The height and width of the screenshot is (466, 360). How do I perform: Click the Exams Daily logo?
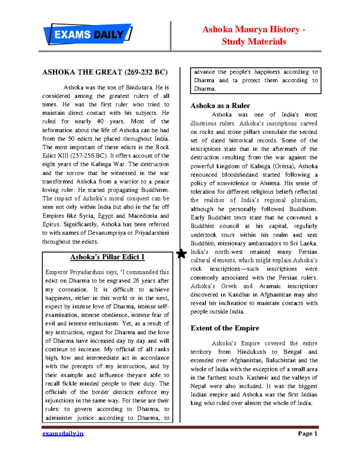click(88, 35)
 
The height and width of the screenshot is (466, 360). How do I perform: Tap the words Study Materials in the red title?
click(254, 41)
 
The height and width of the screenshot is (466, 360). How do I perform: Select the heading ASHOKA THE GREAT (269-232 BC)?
click(105, 72)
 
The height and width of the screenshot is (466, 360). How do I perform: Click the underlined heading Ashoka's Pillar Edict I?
click(107, 257)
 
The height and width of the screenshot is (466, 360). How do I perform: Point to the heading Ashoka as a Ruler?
click(220, 106)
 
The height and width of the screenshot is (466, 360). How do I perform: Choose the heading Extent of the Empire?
click(225, 328)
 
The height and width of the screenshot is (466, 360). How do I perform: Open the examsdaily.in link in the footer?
click(63, 434)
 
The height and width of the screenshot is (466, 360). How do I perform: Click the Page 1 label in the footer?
click(307, 434)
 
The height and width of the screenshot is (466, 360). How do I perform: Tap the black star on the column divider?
click(181, 254)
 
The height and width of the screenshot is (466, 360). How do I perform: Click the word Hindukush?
click(251, 352)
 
